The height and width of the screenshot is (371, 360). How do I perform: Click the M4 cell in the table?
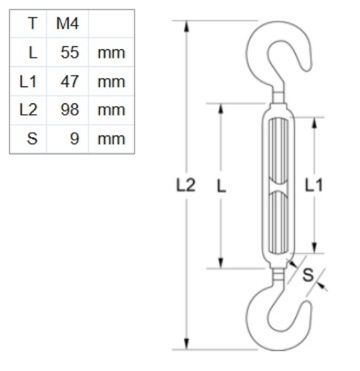pyautogui.click(x=66, y=24)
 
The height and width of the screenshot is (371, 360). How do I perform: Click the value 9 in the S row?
pyautogui.click(x=74, y=138)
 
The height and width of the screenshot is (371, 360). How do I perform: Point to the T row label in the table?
pyautogui.click(x=32, y=24)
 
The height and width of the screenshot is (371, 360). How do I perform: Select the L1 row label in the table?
pyautogui.click(x=29, y=81)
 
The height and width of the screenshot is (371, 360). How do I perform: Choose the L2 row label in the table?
pyautogui.click(x=29, y=109)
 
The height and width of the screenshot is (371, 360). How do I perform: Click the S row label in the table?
pyautogui.click(x=32, y=138)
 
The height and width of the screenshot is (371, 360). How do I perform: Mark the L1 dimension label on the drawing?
pyautogui.click(x=314, y=186)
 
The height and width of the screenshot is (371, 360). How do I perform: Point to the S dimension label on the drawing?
pyautogui.click(x=309, y=274)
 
